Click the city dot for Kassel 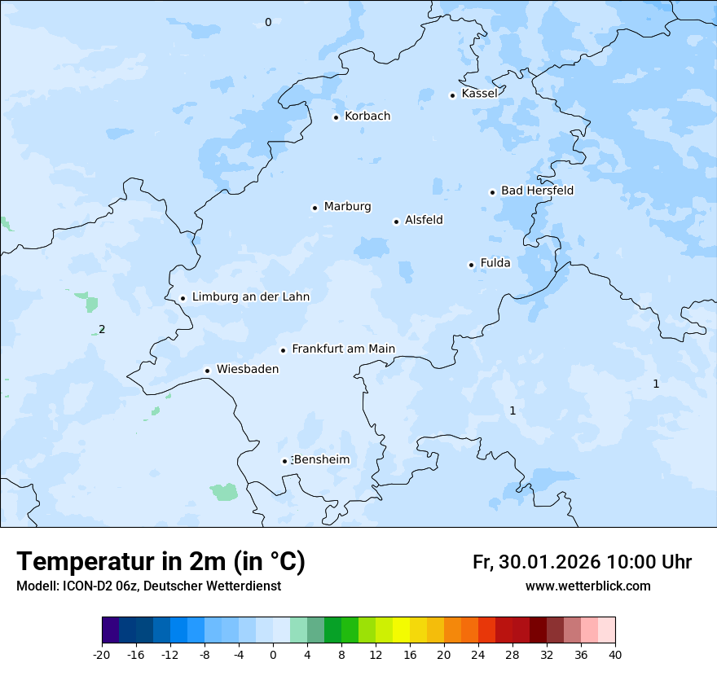coord(453,95)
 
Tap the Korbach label coord(367,116)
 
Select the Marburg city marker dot coord(315,208)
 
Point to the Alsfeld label coord(424,220)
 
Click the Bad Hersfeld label coord(537,191)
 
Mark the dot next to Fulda coord(471,265)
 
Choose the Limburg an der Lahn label coord(250,297)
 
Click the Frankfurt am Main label coord(343,349)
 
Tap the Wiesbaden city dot coord(208,371)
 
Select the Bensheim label coord(321,460)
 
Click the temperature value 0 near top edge coord(268,23)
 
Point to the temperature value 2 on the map coord(102,330)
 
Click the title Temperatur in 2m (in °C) coord(161,562)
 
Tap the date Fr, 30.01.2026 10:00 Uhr coord(582,562)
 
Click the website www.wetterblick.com coord(587,586)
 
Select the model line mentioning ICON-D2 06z coord(148,586)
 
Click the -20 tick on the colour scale coord(102,654)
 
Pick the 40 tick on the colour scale coord(614,654)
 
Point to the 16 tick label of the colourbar coord(409,654)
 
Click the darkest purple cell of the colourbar coord(110,630)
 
